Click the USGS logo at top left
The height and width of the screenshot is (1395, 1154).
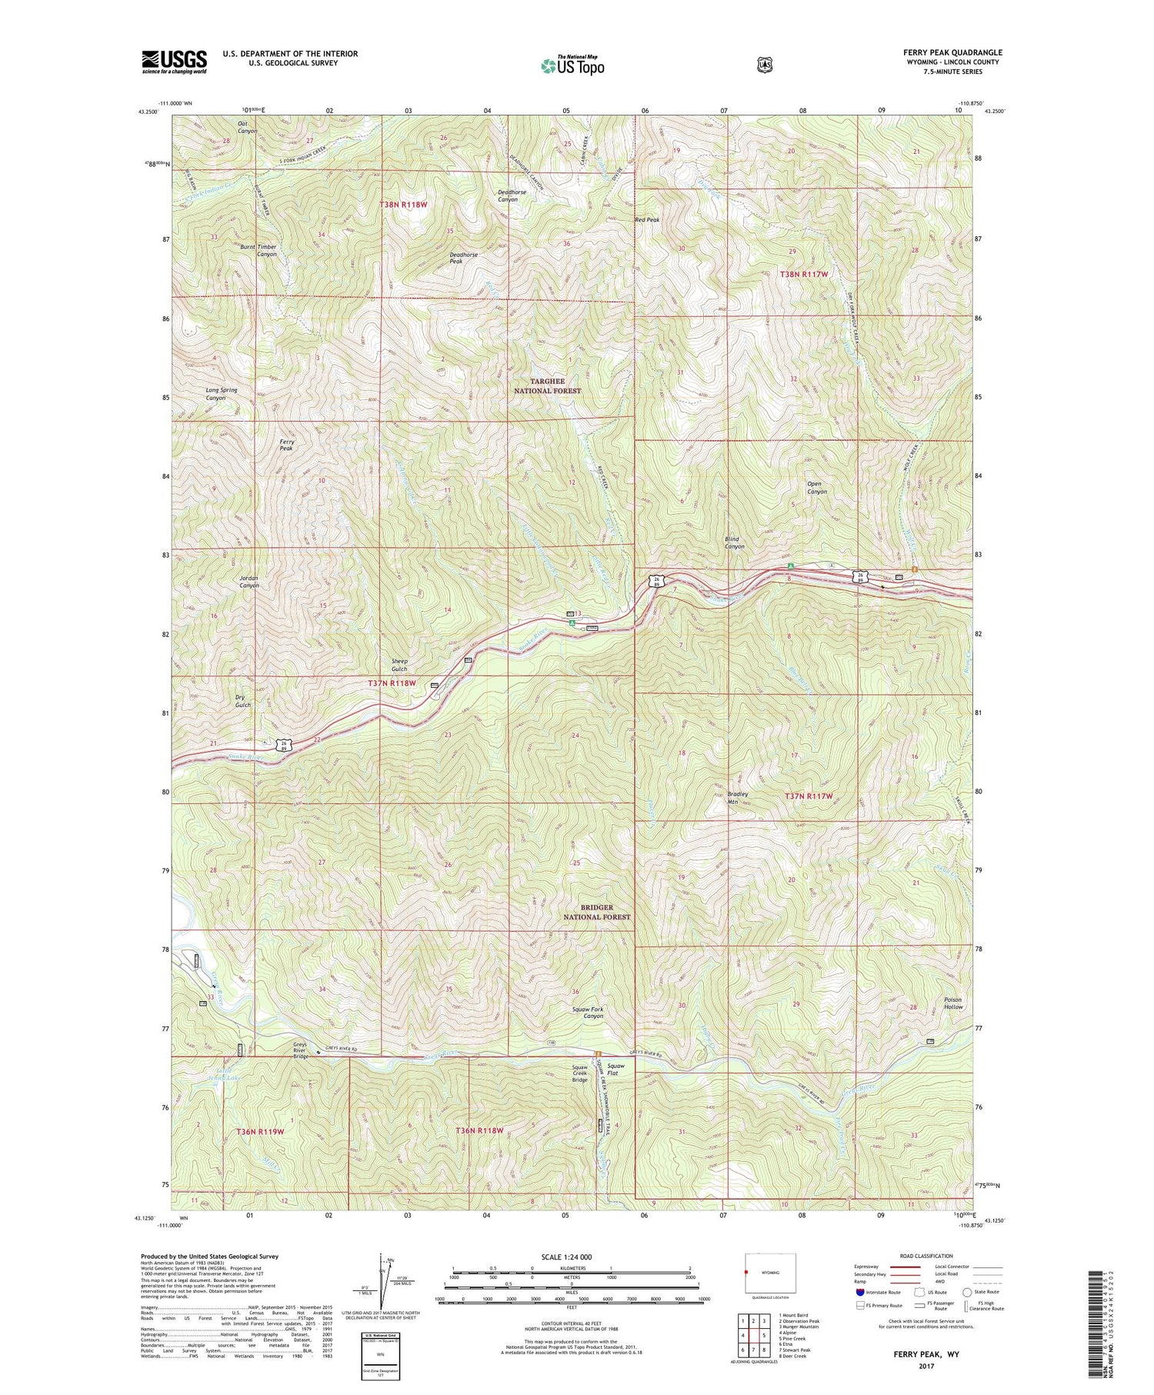(175, 62)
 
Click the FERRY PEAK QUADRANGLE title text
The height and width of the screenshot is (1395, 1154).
(952, 52)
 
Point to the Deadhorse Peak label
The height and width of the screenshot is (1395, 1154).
(464, 258)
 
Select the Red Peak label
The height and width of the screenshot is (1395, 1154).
(647, 220)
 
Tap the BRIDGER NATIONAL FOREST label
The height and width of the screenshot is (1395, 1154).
(596, 913)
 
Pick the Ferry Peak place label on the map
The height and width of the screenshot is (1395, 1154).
(286, 445)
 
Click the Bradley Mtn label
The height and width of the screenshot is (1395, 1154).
(737, 797)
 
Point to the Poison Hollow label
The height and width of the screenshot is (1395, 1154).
(953, 1003)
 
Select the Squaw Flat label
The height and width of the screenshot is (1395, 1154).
(616, 1070)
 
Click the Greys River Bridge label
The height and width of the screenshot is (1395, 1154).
(300, 1050)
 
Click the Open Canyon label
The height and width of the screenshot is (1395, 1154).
(816, 488)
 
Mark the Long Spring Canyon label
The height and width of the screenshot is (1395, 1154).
(221, 394)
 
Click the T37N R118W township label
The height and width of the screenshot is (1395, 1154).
(392, 683)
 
